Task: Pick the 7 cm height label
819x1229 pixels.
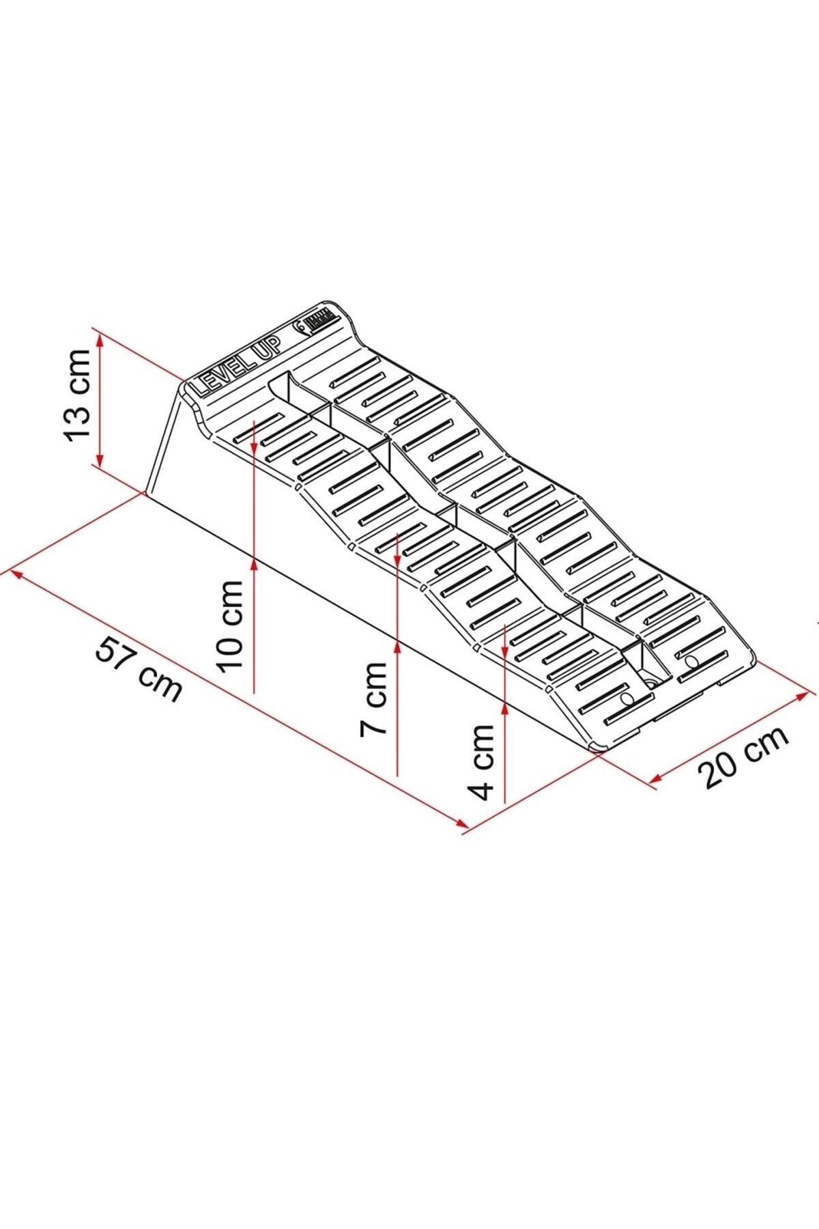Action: [374, 697]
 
